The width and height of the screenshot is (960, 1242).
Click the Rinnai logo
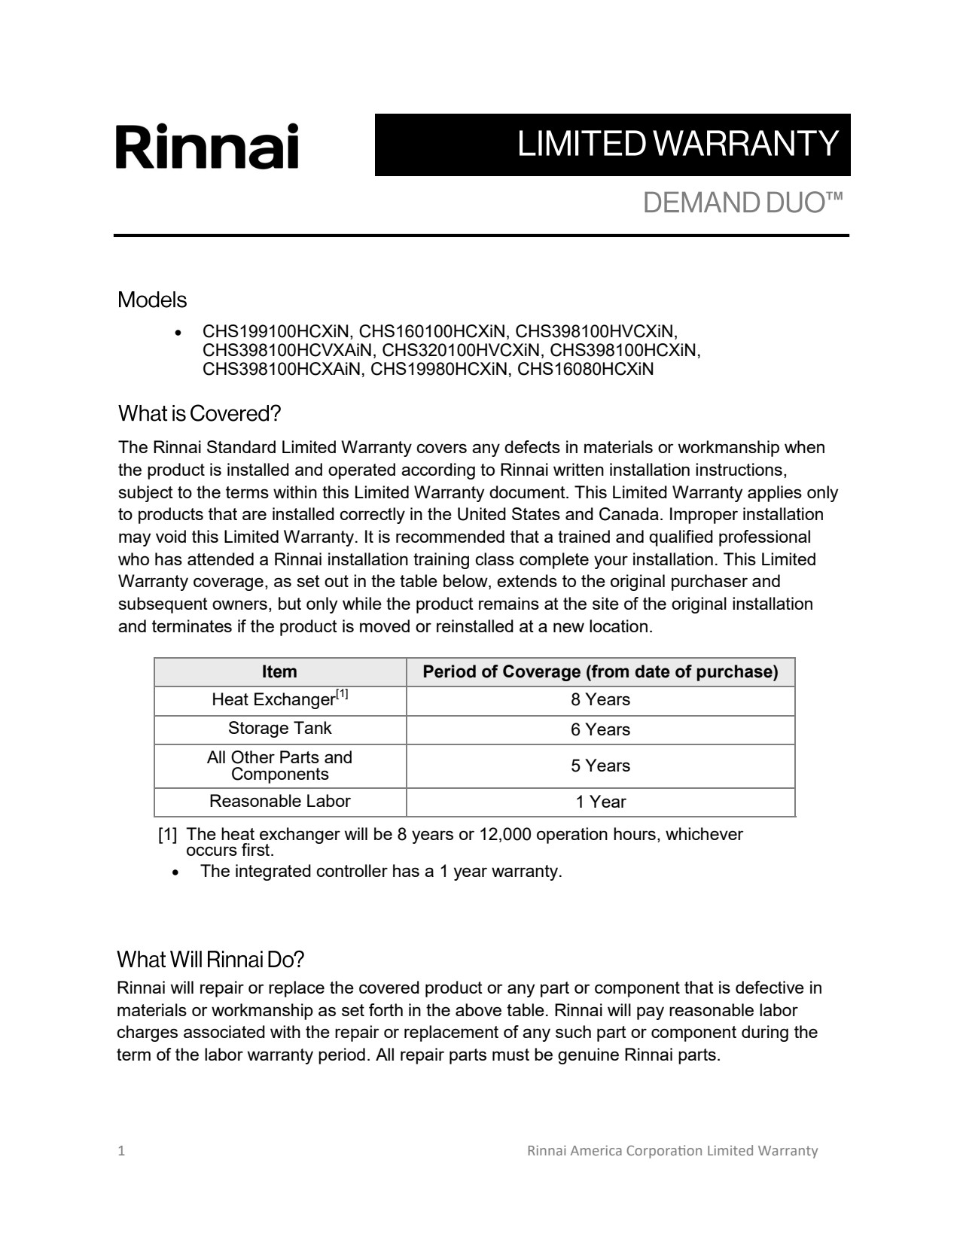coord(207,146)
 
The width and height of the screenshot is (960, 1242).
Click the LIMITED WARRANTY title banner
coord(612,145)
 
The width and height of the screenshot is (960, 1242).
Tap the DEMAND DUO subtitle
coord(742,202)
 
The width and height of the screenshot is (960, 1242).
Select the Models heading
coord(152,300)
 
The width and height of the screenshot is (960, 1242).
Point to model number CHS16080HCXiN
coord(585,370)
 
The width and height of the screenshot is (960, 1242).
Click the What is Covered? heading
coord(199,413)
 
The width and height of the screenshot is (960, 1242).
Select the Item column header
coord(279,671)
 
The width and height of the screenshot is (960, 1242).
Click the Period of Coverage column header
coord(600,671)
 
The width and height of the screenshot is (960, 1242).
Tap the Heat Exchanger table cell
coord(279,699)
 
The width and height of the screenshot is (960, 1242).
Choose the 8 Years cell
coord(600,700)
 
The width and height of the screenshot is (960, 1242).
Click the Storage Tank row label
coord(279,729)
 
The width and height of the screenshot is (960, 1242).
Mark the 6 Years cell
coord(600,729)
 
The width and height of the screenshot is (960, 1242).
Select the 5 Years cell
coord(600,766)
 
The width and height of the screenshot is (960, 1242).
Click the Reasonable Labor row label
coord(279,801)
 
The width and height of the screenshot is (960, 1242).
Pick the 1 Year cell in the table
coord(600,802)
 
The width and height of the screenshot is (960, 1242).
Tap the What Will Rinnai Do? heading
coord(210,960)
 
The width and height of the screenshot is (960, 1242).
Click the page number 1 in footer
coord(121,1151)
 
